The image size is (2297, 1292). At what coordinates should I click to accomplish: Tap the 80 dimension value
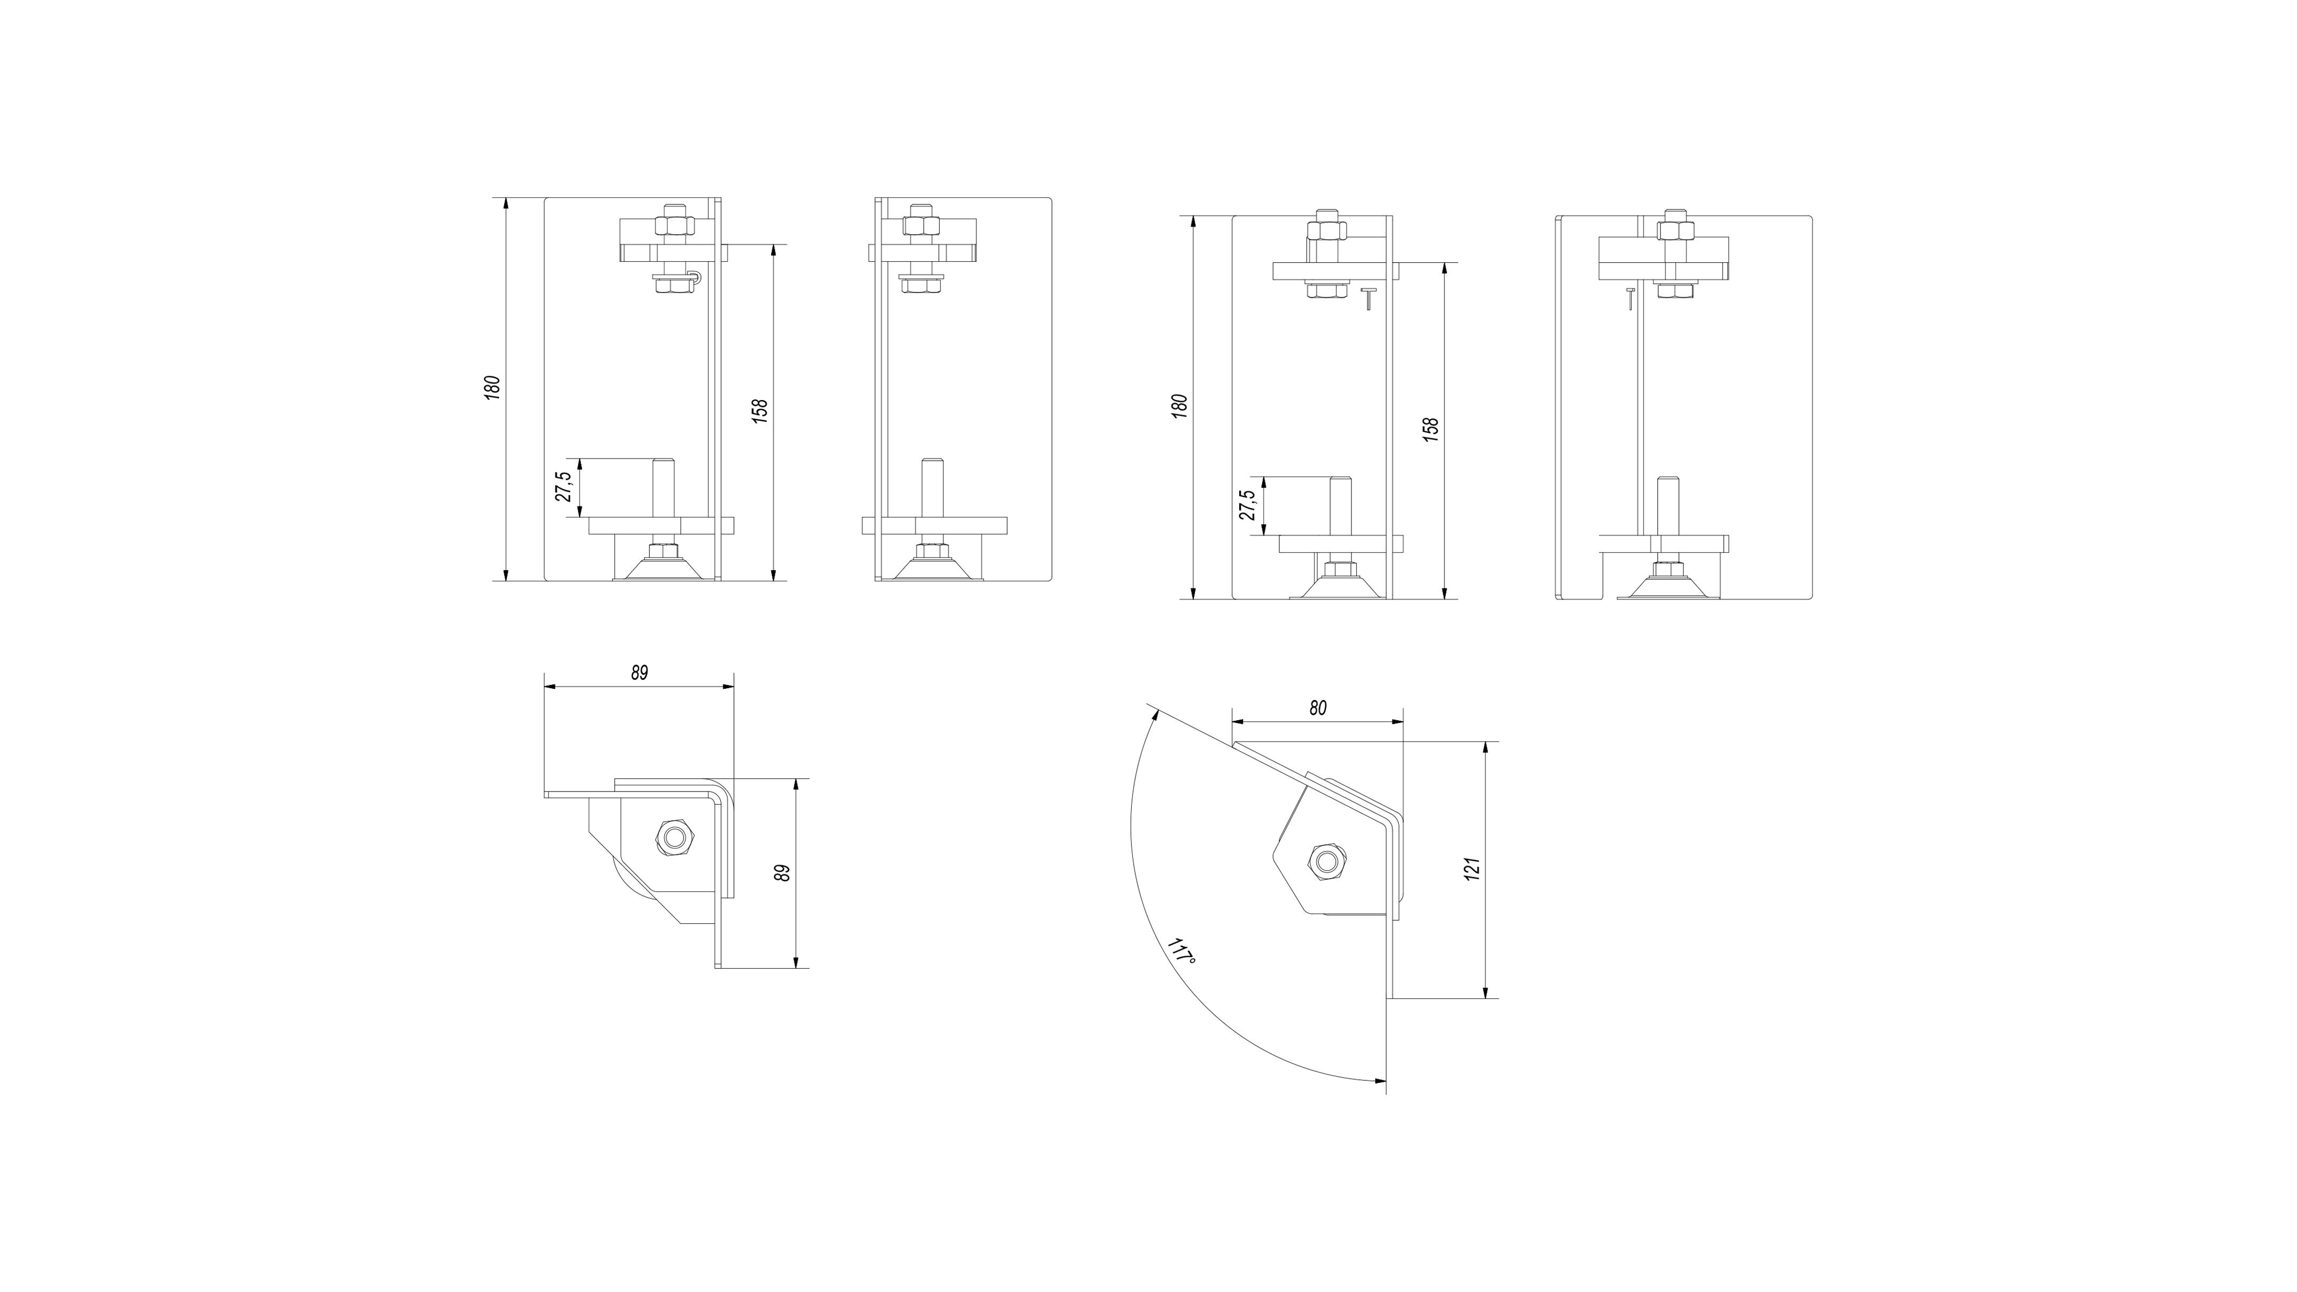tap(1318, 708)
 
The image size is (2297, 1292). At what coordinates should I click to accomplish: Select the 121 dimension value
tap(1472, 869)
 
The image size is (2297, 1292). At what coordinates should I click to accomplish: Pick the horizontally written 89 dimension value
tap(639, 673)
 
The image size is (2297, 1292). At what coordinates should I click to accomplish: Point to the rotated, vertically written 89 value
tap(782, 873)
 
